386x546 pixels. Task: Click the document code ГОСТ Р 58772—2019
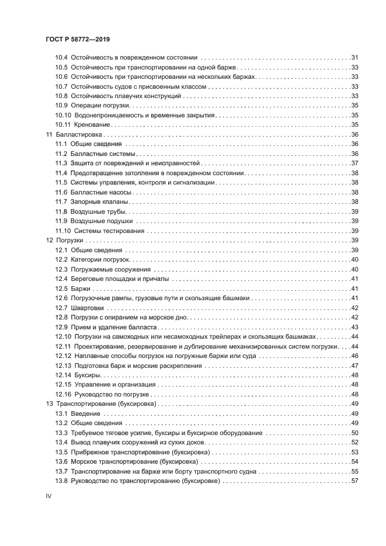pos(77,39)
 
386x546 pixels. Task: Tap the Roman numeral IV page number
pos(49,496)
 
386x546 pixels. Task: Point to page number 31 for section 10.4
pos(354,57)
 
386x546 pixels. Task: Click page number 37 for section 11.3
pos(354,163)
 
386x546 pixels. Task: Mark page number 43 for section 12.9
pos(354,327)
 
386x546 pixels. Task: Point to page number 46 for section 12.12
pos(354,356)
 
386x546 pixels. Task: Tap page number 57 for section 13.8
pos(354,481)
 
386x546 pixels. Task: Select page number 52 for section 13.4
pos(354,442)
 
